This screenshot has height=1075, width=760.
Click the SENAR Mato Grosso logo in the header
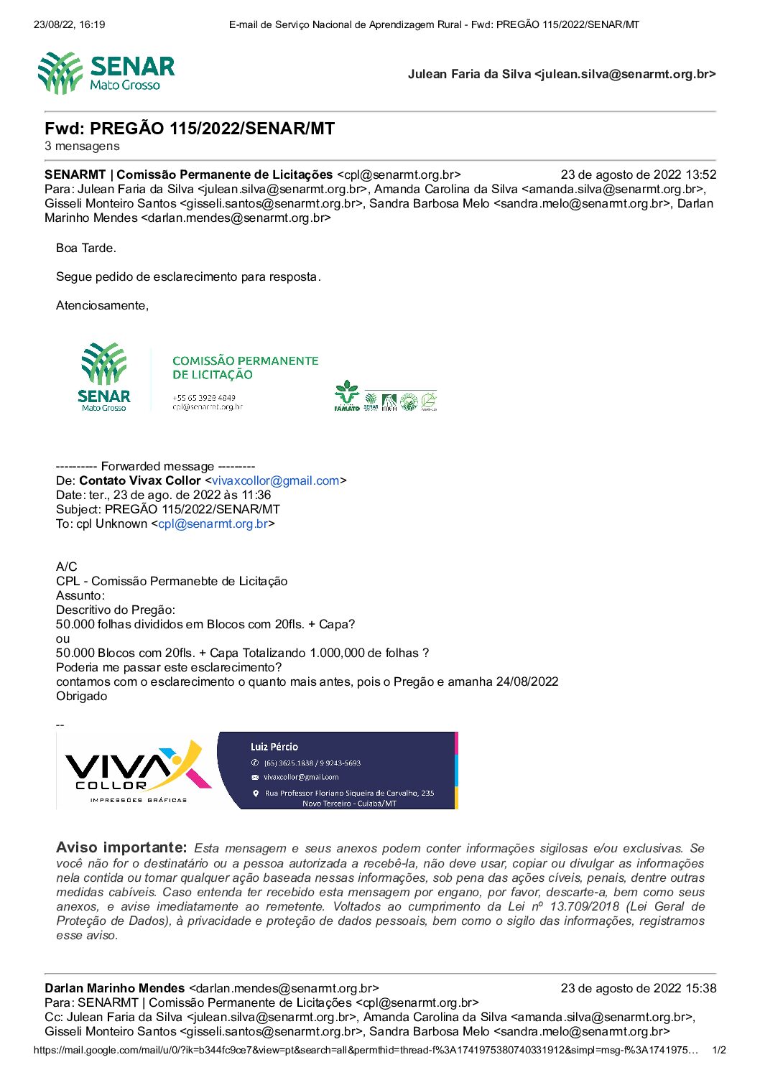tap(106, 73)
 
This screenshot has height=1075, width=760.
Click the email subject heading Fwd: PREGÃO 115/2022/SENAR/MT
tap(190, 129)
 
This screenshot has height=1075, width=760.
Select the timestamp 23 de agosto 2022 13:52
tap(638, 174)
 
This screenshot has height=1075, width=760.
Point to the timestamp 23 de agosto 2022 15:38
tap(638, 988)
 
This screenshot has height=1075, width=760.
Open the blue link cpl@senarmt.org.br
tap(213, 523)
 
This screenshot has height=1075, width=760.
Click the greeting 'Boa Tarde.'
tap(85, 248)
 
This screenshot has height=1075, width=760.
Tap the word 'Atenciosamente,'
tap(102, 305)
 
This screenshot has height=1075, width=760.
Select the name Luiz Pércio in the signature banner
tap(274, 747)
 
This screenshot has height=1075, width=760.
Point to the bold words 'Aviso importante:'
tap(121, 847)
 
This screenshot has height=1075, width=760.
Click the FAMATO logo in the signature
tap(347, 396)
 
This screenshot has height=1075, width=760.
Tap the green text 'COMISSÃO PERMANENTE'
tap(245, 360)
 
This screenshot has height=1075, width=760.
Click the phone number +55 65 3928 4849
tap(203, 397)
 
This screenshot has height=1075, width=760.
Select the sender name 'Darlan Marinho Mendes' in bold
tap(114, 988)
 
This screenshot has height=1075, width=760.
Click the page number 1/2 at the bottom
tap(718, 1050)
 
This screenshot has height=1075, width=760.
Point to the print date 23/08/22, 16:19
tap(69, 24)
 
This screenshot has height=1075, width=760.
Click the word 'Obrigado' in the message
tap(81, 696)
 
